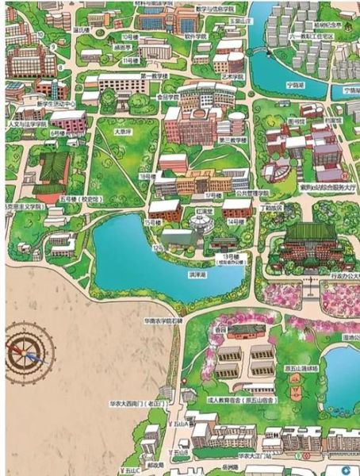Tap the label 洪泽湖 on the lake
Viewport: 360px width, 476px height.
pos(174,274)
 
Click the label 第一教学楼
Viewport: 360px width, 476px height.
pos(154,76)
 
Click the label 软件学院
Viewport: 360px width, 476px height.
pos(196,36)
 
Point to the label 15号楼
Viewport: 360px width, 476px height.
pos(153,222)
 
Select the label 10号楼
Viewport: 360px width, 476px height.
pos(128,37)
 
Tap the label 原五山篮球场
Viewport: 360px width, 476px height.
pos(301,369)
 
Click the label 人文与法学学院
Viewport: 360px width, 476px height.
pos(25,125)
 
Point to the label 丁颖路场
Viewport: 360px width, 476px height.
pos(272,208)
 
